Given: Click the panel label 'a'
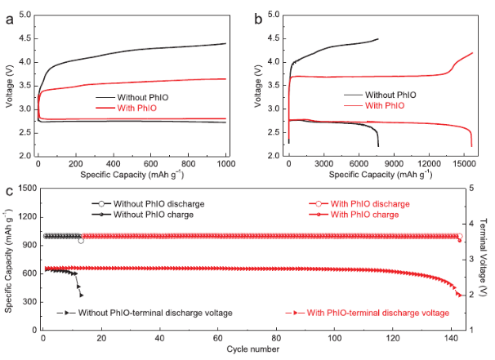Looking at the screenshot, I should [9, 20].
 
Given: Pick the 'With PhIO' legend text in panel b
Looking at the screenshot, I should [384, 105].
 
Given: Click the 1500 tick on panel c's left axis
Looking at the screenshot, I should [28, 189].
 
